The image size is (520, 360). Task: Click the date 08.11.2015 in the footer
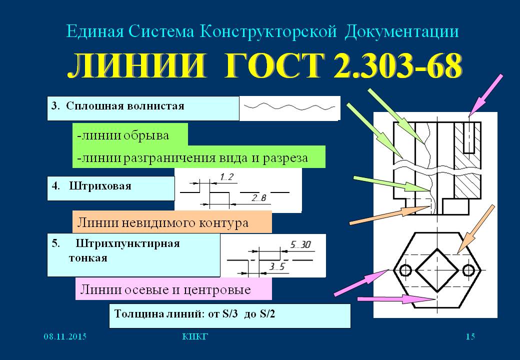pyautogui.click(x=65, y=337)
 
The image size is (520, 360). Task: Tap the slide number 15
pyautogui.click(x=470, y=336)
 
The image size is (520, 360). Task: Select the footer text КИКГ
pyautogui.click(x=195, y=337)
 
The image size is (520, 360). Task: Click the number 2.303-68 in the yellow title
pyautogui.click(x=397, y=65)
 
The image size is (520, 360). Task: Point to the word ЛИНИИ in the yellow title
pyautogui.click(x=136, y=65)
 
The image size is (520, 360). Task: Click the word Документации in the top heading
pyautogui.click(x=401, y=32)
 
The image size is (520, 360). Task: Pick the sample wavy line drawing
pyautogui.click(x=289, y=106)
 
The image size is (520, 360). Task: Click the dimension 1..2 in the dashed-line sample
pyautogui.click(x=227, y=177)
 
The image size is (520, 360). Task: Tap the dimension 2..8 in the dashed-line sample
pyautogui.click(x=259, y=198)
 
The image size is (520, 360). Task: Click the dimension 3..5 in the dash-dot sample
pyautogui.click(x=277, y=266)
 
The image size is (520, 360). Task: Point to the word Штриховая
pyautogui.click(x=100, y=186)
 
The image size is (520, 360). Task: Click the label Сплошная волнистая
pyautogui.click(x=125, y=106)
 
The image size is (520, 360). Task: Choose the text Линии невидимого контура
pyautogui.click(x=162, y=222)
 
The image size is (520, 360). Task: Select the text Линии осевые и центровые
pyautogui.click(x=165, y=289)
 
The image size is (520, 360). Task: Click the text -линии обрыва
pyautogui.click(x=123, y=135)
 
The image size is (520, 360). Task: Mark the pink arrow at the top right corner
pyautogui.click(x=485, y=95)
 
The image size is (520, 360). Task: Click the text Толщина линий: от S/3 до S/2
pyautogui.click(x=194, y=313)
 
